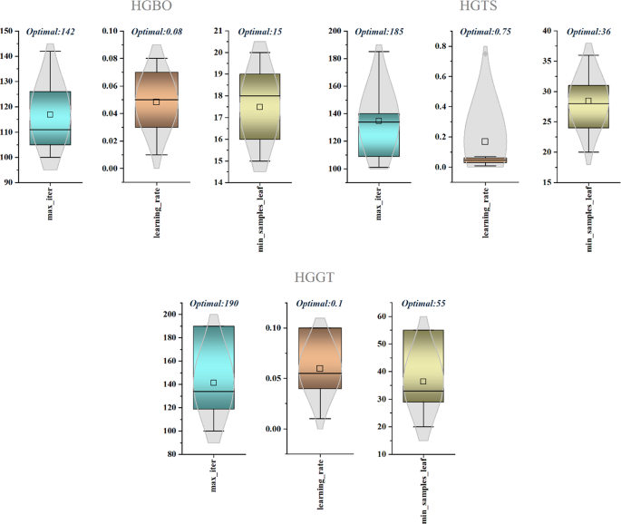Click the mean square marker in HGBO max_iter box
pos(50,114)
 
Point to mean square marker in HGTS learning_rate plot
pos(485,141)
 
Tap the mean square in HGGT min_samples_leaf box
pos(422,382)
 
